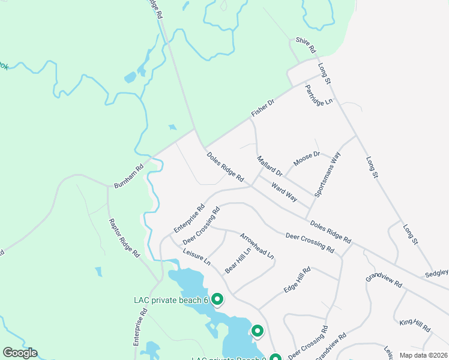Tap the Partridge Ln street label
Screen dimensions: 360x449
[318, 95]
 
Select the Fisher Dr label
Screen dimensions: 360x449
[262, 108]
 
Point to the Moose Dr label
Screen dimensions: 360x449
[307, 159]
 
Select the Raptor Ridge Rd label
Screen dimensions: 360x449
[124, 238]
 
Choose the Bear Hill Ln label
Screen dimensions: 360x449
[238, 262]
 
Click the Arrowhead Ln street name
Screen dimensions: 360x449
[257, 246]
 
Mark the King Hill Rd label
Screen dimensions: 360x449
[415, 326]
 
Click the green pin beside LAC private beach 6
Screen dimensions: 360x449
[218, 298]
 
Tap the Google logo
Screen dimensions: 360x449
[20, 353]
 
